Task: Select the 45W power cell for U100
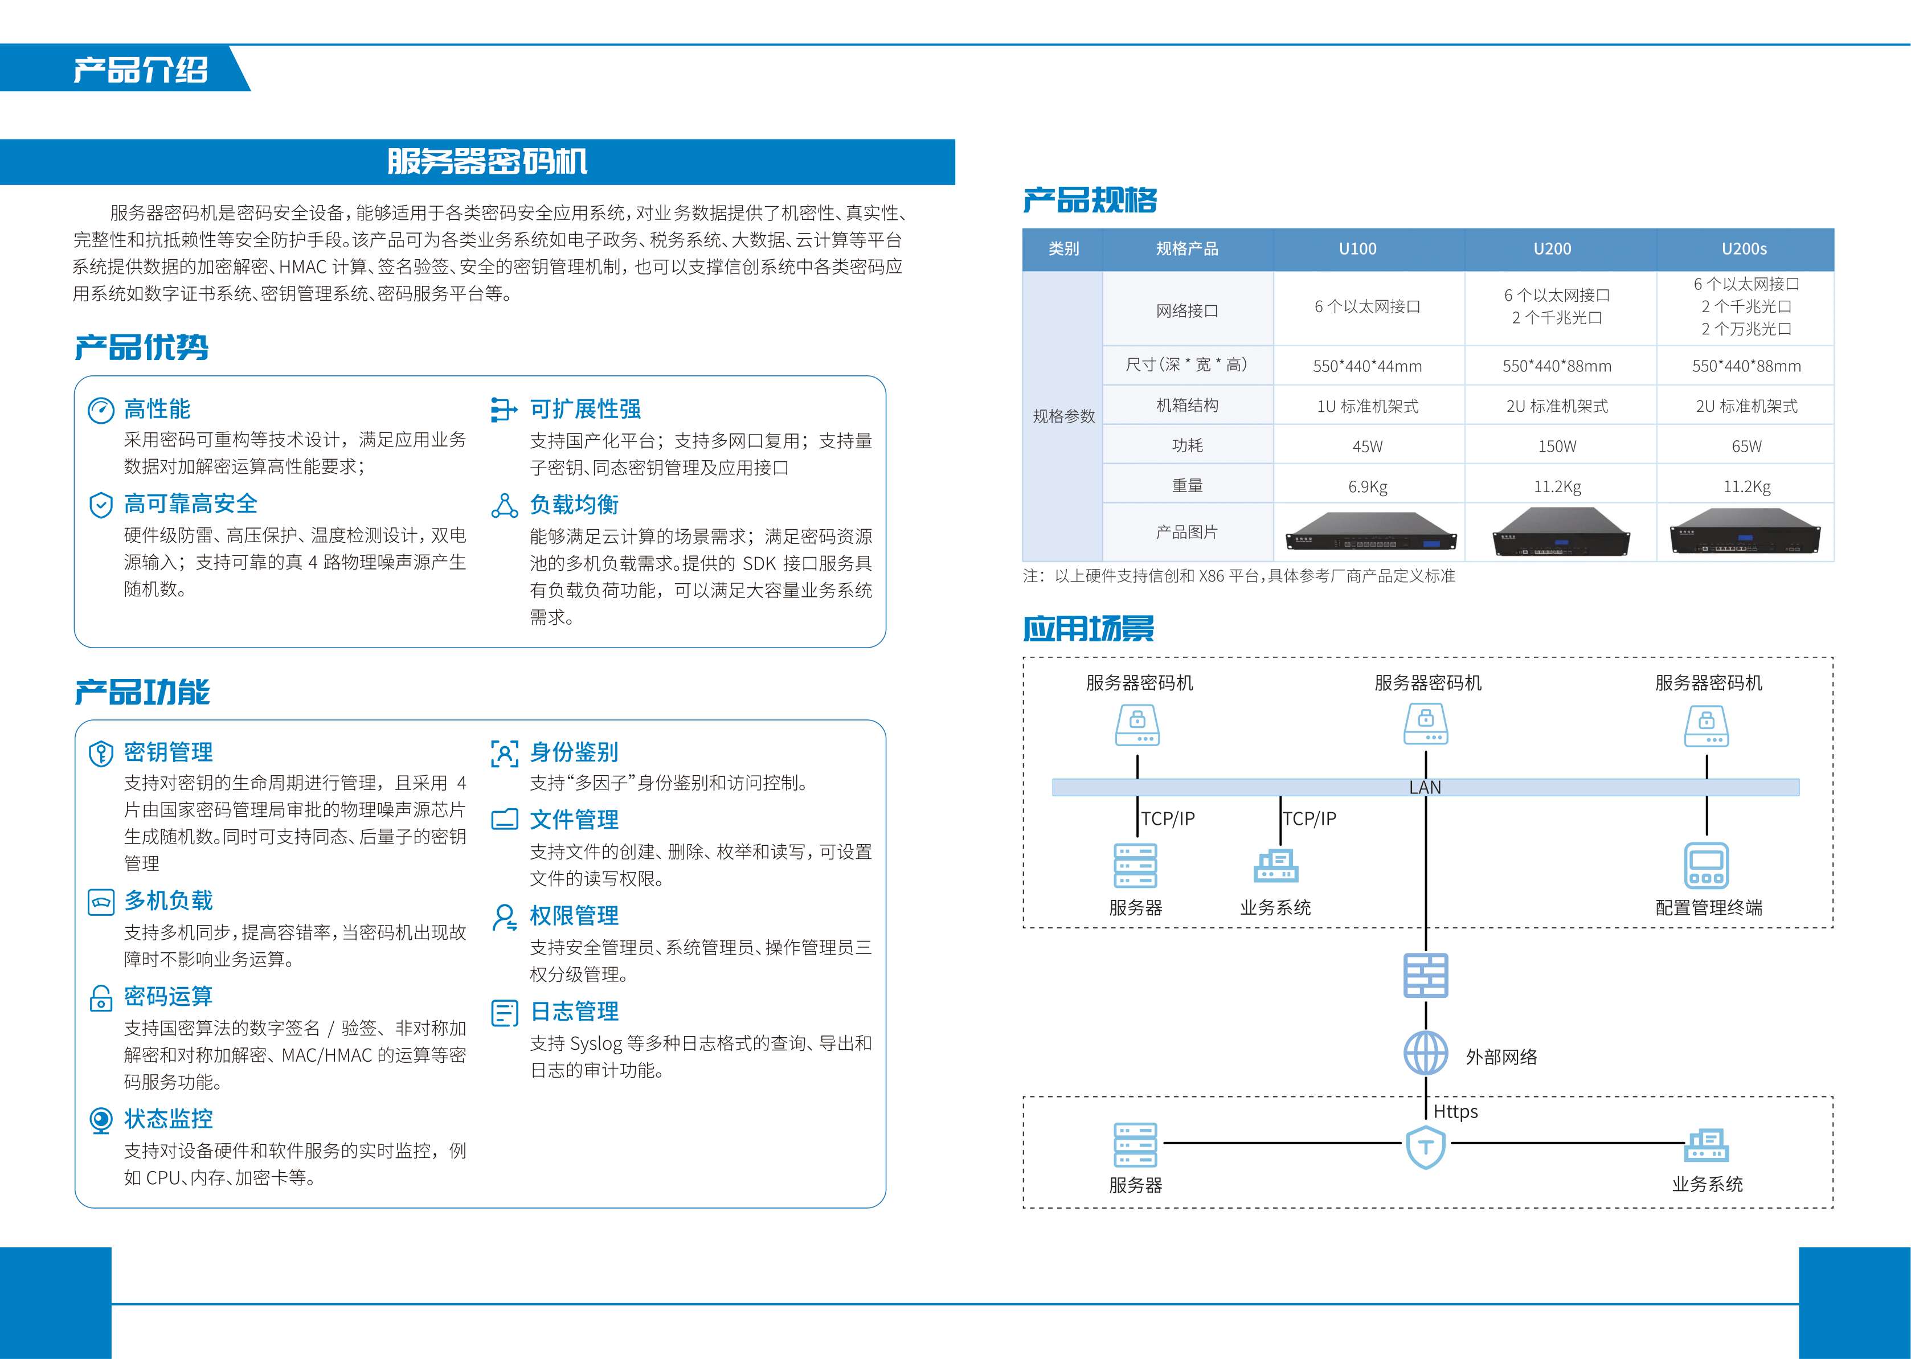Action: pyautogui.click(x=1367, y=446)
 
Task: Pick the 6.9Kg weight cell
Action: pyautogui.click(x=1367, y=486)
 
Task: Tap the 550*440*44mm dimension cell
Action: pyautogui.click(x=1367, y=366)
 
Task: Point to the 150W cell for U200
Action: pyautogui.click(x=1557, y=446)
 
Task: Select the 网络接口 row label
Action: pyautogui.click(x=1186, y=310)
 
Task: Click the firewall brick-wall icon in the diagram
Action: pyautogui.click(x=1426, y=976)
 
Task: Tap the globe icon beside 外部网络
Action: pyautogui.click(x=1426, y=1053)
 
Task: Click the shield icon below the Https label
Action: pyautogui.click(x=1426, y=1147)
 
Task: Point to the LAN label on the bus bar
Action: pyautogui.click(x=1425, y=788)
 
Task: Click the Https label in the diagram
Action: pyautogui.click(x=1456, y=1111)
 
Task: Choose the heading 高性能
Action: pyautogui.click(x=157, y=409)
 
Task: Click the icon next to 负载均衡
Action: pyautogui.click(x=505, y=505)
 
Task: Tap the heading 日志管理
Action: pyautogui.click(x=575, y=1012)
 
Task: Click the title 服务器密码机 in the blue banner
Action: pyautogui.click(x=487, y=162)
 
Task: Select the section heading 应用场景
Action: pyautogui.click(x=1089, y=628)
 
